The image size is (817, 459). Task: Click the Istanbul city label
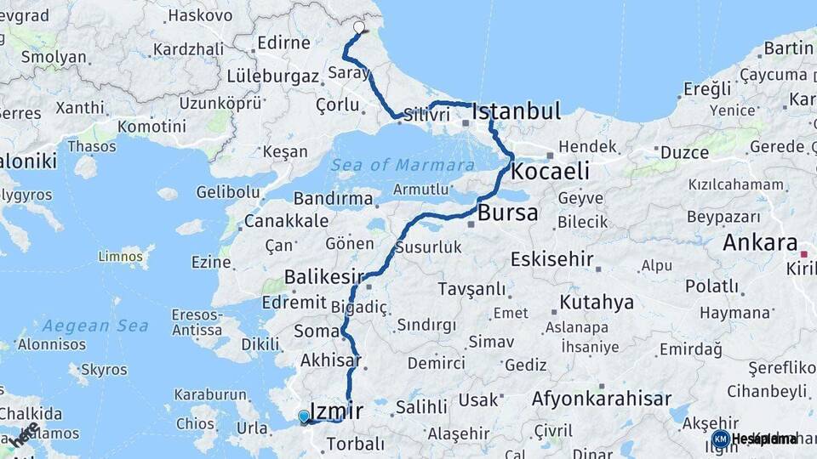click(x=517, y=111)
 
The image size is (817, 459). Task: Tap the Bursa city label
click(x=508, y=212)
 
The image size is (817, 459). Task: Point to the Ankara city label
click(x=760, y=242)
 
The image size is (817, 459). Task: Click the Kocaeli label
click(x=550, y=171)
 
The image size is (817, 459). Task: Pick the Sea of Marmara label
click(x=403, y=165)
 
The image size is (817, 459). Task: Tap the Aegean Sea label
click(x=95, y=326)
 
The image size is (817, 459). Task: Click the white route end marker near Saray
click(x=359, y=27)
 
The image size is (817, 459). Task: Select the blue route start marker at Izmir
click(x=304, y=416)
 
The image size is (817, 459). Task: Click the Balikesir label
click(x=323, y=276)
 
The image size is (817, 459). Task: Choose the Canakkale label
click(x=286, y=221)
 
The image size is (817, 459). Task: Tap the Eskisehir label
click(x=551, y=258)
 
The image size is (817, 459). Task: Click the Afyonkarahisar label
click(x=601, y=399)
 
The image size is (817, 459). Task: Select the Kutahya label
click(x=596, y=302)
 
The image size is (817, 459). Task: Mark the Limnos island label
click(x=121, y=256)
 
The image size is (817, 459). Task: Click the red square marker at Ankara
click(x=803, y=254)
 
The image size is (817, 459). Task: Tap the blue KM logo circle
click(x=720, y=439)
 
